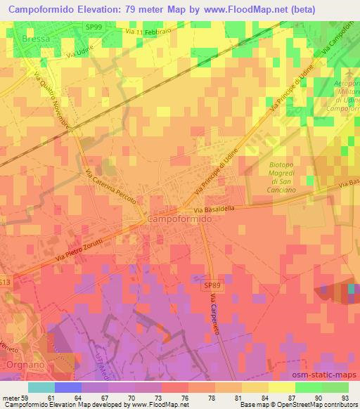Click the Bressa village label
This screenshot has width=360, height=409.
pyautogui.click(x=36, y=39)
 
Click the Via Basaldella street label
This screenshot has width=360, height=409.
pyautogui.click(x=223, y=209)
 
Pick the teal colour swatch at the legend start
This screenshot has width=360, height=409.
pyautogui.click(x=41, y=387)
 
